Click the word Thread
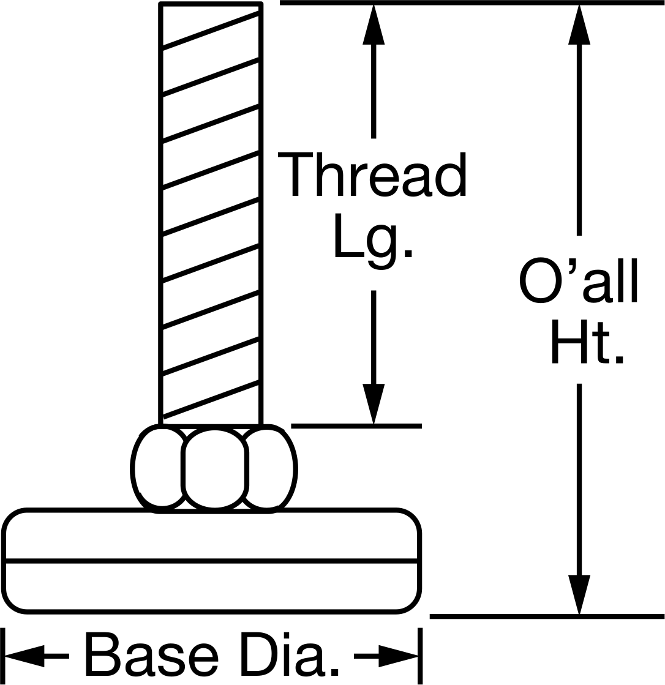[x=372, y=174]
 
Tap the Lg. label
[x=373, y=242]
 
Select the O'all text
[x=579, y=280]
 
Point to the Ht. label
[x=587, y=342]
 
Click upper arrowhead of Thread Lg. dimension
[x=374, y=24]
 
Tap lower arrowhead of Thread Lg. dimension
[x=374, y=403]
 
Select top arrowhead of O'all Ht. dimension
[x=579, y=24]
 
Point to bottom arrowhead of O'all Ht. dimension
[x=579, y=594]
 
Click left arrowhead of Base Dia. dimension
[x=24, y=656]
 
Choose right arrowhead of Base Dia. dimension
[x=398, y=656]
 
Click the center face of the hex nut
[x=214, y=469]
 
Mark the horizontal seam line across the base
[x=212, y=561]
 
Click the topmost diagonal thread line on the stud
[x=211, y=29]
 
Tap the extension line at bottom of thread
[x=356, y=426]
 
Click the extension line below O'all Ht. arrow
[x=547, y=616]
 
